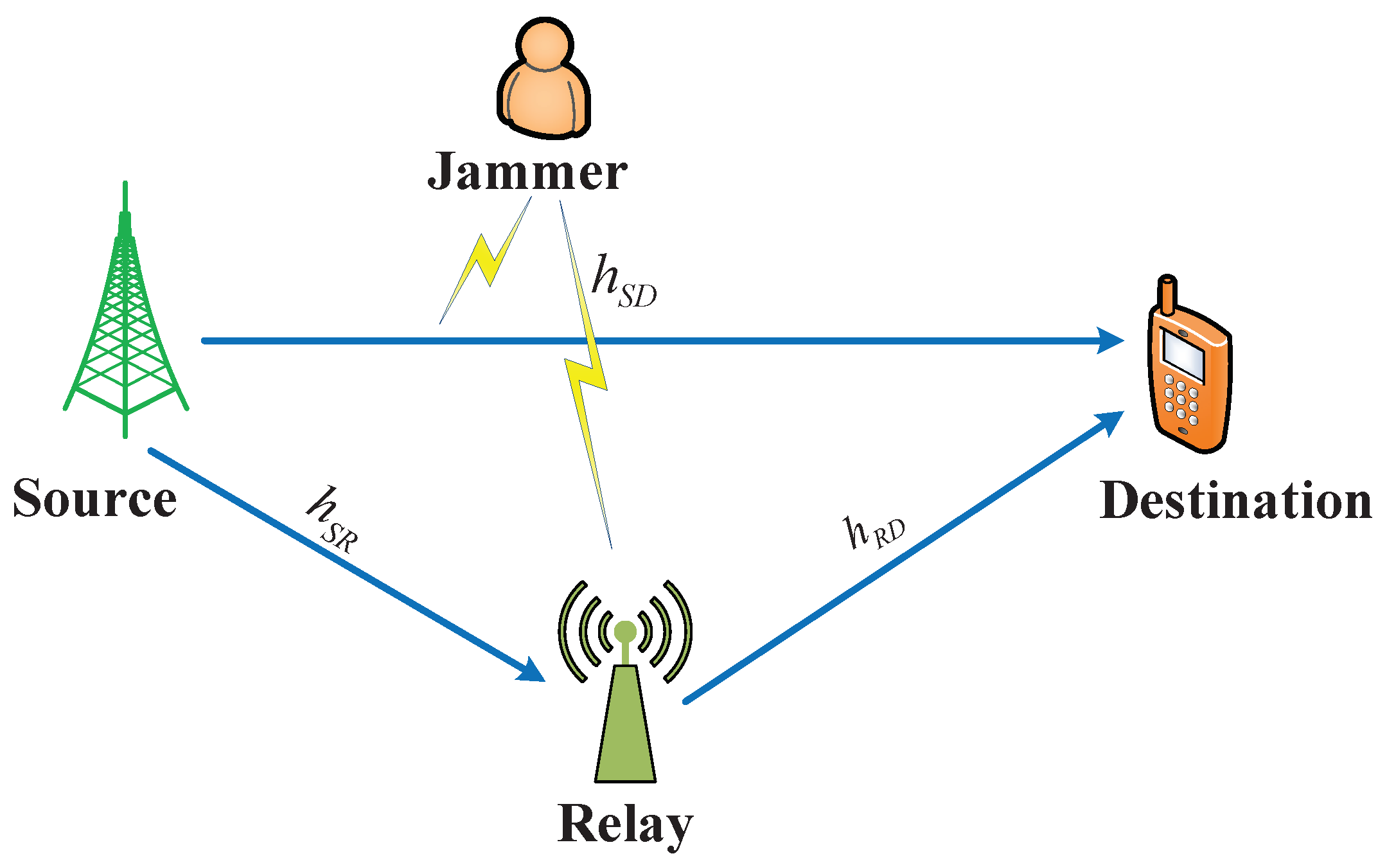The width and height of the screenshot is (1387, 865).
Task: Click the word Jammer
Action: pos(527,172)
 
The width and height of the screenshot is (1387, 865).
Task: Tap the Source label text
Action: pos(94,499)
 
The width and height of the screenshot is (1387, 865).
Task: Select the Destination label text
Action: pos(1235,501)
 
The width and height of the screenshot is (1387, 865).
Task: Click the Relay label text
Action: pos(624,825)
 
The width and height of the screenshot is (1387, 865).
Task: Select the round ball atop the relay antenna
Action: pos(624,632)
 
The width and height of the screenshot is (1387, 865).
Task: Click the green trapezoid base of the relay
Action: pos(625,726)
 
